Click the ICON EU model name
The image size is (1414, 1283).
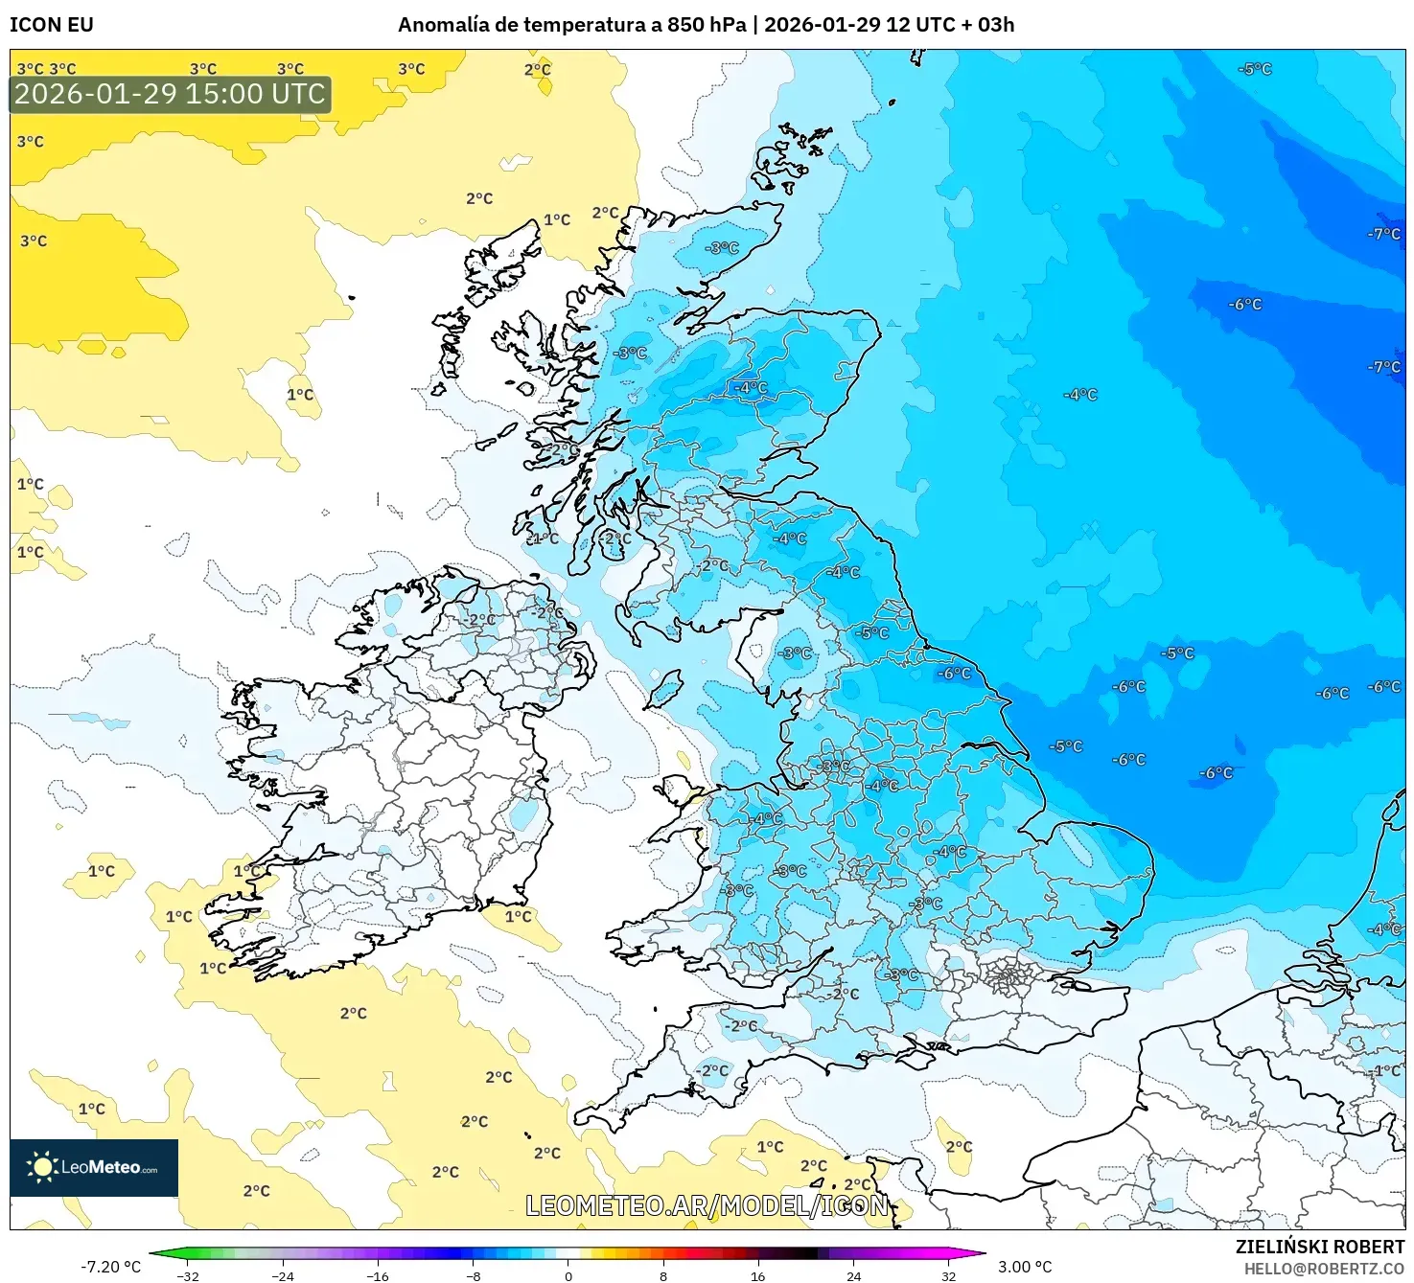52,25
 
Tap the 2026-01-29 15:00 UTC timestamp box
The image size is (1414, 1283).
170,94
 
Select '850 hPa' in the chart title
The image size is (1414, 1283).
707,25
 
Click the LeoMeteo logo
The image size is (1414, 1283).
94,1167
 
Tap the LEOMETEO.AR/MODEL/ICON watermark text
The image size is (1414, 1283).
707,1205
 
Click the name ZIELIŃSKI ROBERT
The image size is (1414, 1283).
1319,1247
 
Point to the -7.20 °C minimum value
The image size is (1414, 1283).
110,1267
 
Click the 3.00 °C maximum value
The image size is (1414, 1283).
1025,1267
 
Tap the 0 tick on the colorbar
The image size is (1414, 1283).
568,1275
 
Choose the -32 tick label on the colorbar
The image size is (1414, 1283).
188,1275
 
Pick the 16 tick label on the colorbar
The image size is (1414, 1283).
758,1275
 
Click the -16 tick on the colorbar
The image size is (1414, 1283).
378,1275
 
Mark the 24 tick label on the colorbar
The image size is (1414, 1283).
853,1275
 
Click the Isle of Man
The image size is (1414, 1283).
664,689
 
